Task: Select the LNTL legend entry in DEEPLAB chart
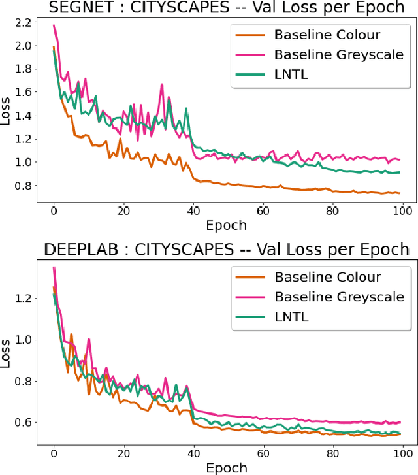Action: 292,318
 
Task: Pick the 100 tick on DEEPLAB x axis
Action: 402,452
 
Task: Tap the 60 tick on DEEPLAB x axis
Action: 263,452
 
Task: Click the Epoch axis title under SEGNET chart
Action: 227,225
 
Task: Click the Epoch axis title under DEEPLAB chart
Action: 227,467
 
